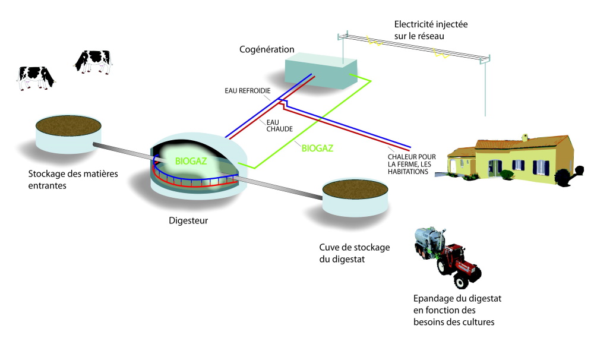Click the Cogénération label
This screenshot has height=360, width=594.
click(267, 49)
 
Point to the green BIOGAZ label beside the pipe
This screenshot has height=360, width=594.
click(318, 148)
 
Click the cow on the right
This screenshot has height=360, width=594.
click(93, 61)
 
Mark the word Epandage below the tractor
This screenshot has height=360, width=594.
click(432, 298)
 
